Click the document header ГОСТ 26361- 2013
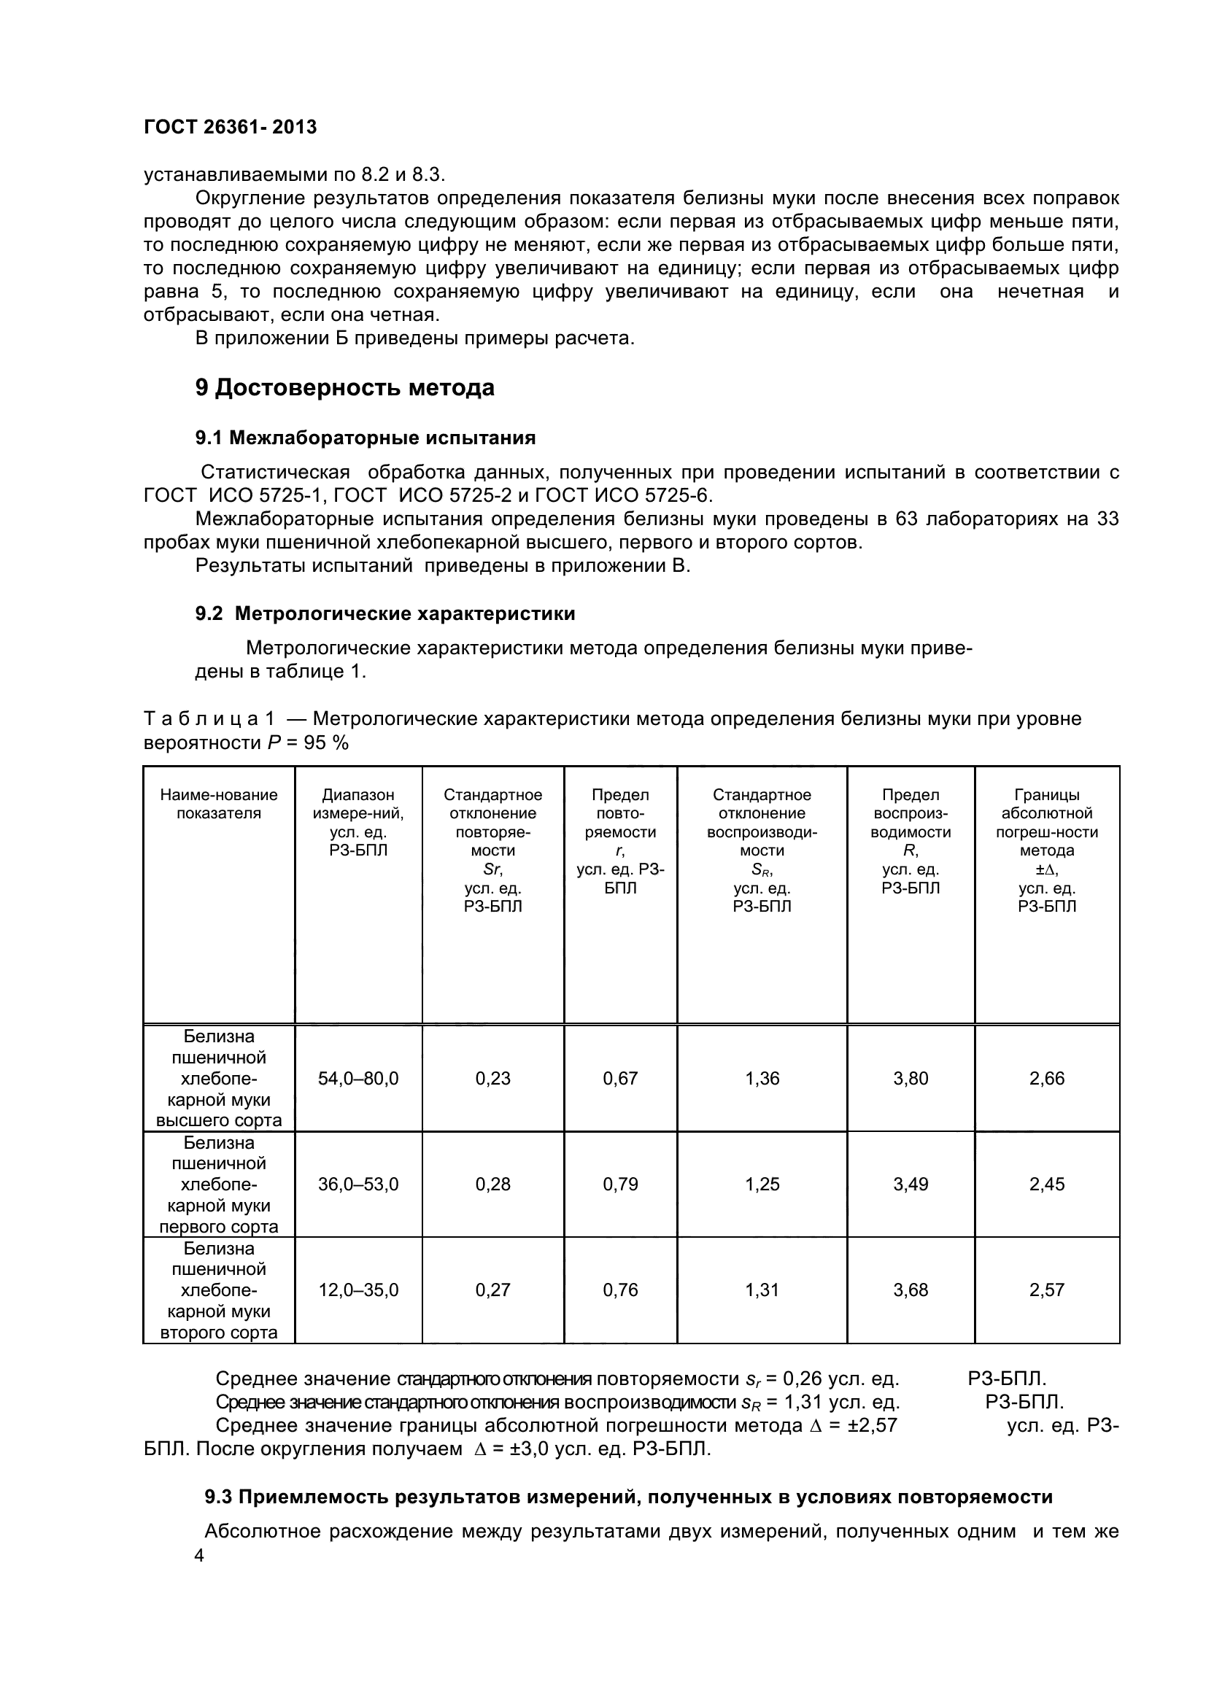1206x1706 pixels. (x=231, y=127)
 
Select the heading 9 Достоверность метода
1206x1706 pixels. (x=345, y=388)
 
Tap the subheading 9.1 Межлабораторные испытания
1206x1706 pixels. (x=366, y=438)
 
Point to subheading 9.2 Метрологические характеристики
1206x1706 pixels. (x=385, y=613)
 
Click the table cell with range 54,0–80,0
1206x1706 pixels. (x=358, y=1078)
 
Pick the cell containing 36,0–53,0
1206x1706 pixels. (x=358, y=1184)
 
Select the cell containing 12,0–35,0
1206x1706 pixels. (x=358, y=1290)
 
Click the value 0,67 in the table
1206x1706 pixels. (x=620, y=1078)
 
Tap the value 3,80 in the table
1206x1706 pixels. (x=911, y=1078)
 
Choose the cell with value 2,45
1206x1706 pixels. (x=1047, y=1184)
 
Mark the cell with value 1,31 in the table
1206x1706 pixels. (x=762, y=1290)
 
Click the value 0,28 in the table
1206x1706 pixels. (x=493, y=1184)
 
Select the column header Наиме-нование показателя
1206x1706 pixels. (x=219, y=804)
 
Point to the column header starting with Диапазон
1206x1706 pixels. (x=358, y=823)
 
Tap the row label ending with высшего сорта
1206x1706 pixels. (x=219, y=1078)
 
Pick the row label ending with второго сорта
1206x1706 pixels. (x=219, y=1290)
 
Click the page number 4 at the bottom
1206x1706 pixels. (x=199, y=1555)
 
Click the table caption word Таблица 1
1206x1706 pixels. (x=209, y=718)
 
